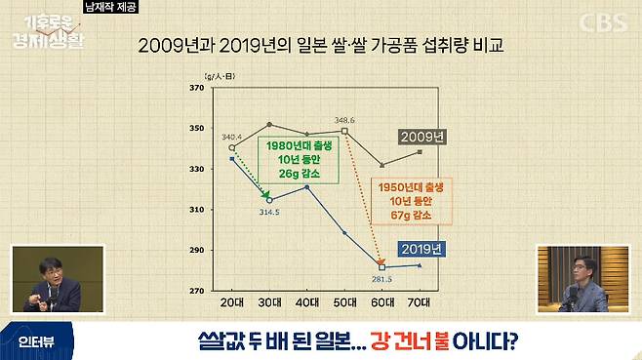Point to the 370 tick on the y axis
tap(196, 88)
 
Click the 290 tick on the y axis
tap(196, 251)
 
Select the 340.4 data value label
tap(232, 138)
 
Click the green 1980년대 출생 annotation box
tap(298, 160)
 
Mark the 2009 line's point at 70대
tap(420, 151)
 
